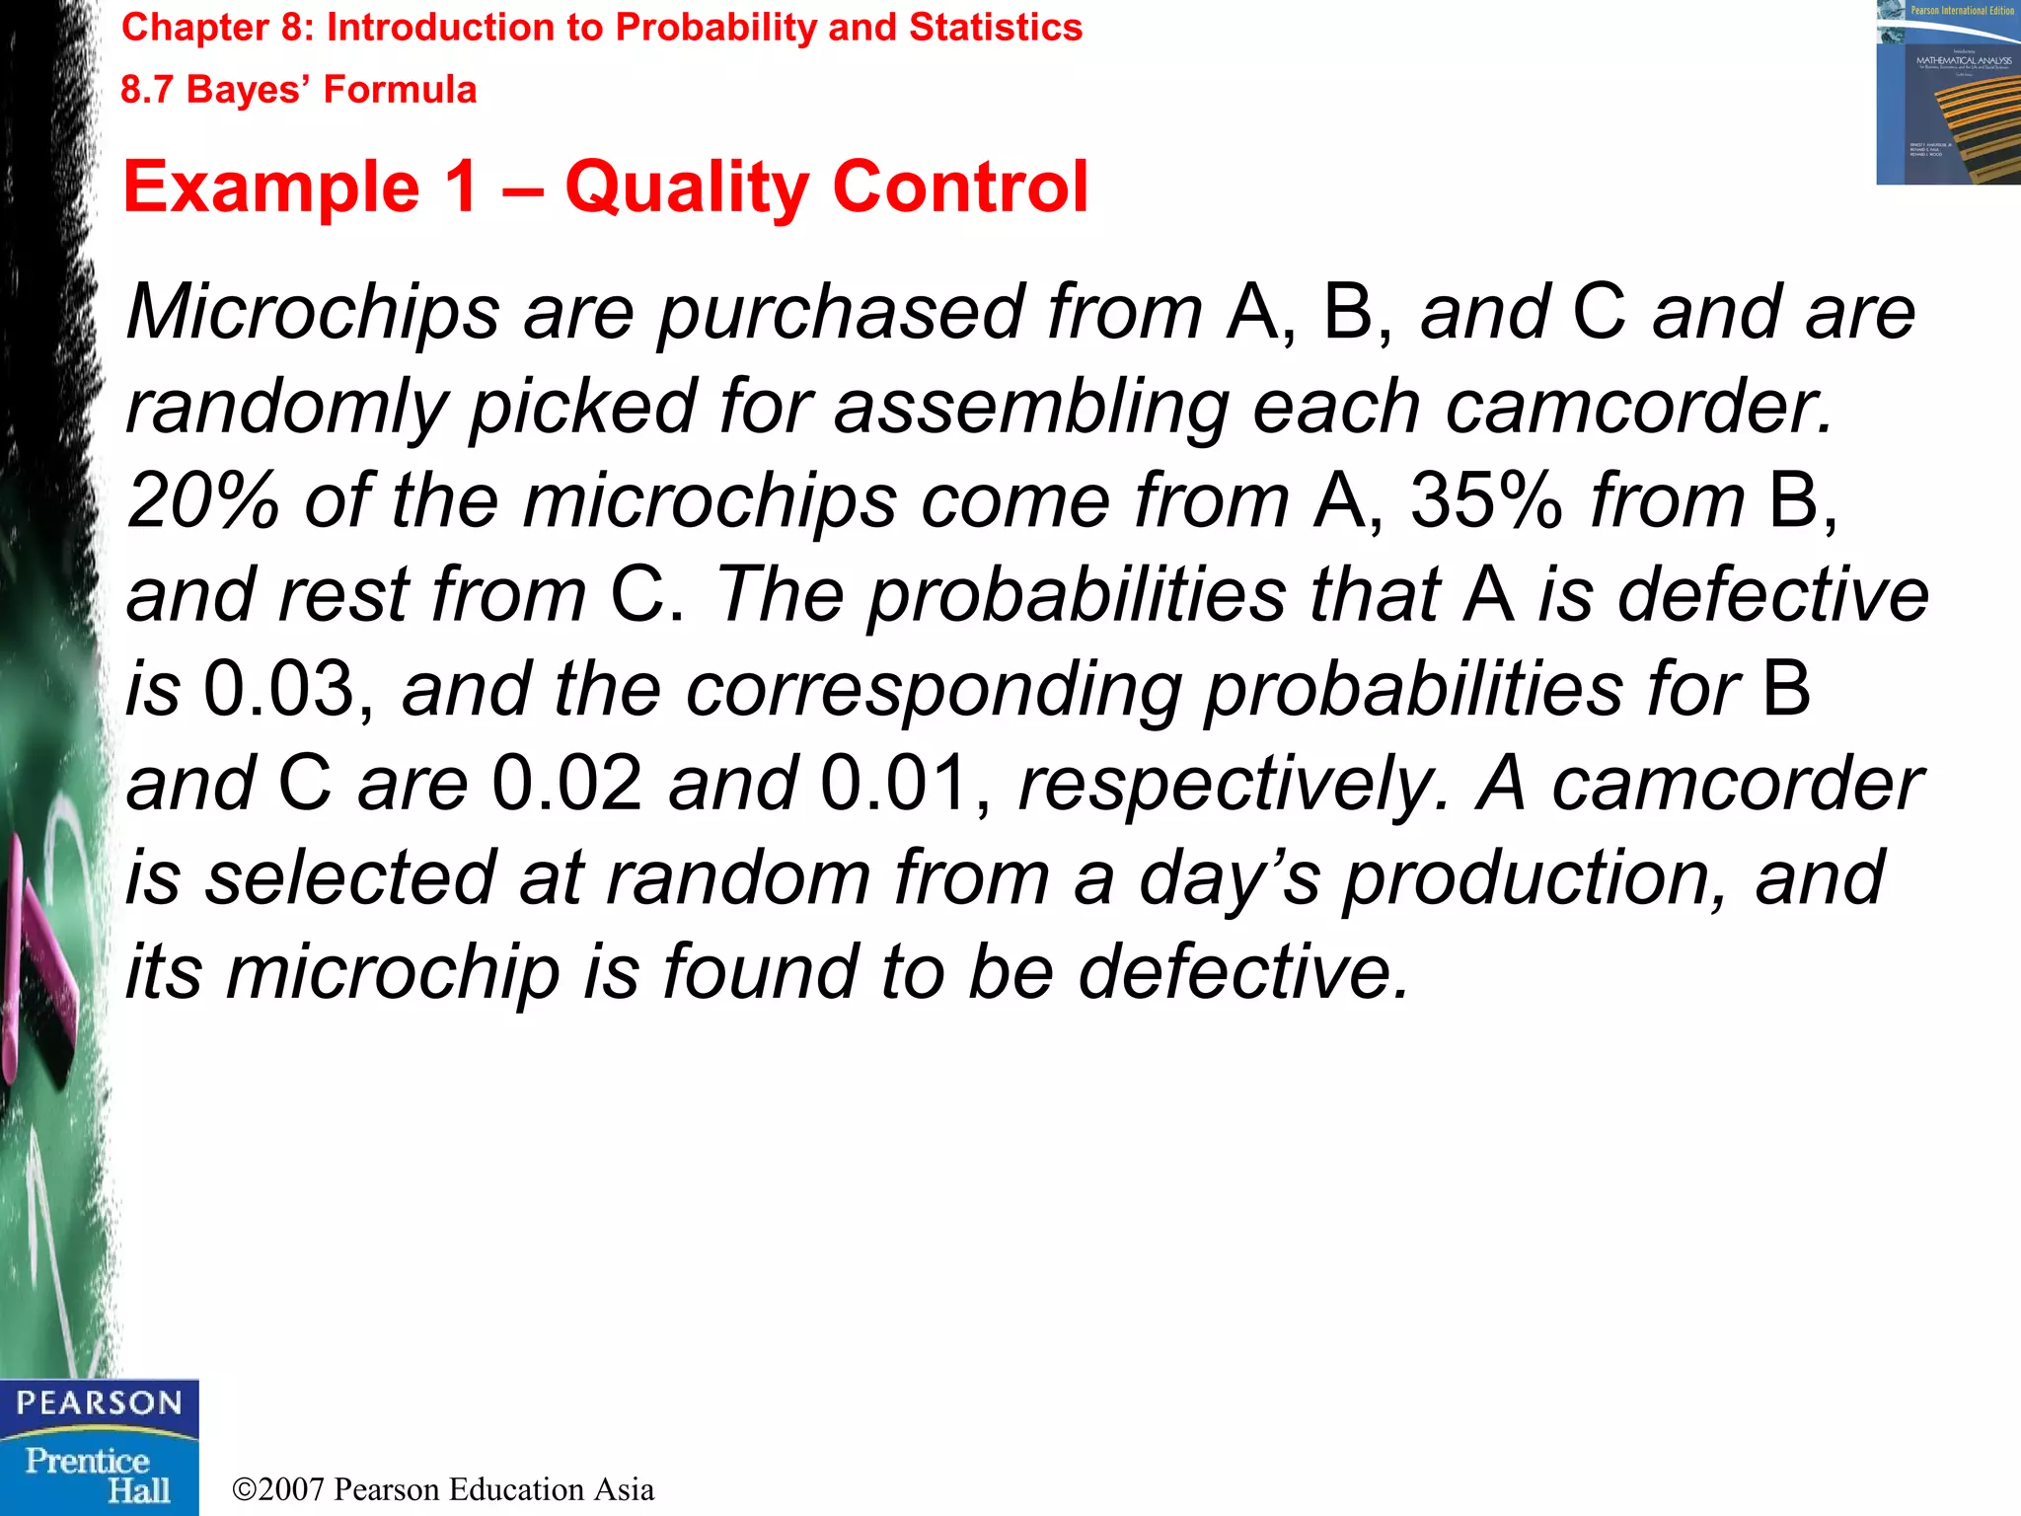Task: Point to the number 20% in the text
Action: [203, 500]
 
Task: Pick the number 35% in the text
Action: [1486, 500]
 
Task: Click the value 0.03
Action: [278, 689]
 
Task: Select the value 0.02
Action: [567, 784]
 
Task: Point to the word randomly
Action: [287, 408]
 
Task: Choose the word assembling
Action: [1031, 408]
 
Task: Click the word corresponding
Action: [934, 691]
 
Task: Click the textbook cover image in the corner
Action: [1947, 93]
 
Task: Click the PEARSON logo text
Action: [99, 1403]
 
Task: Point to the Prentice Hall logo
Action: [99, 1475]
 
